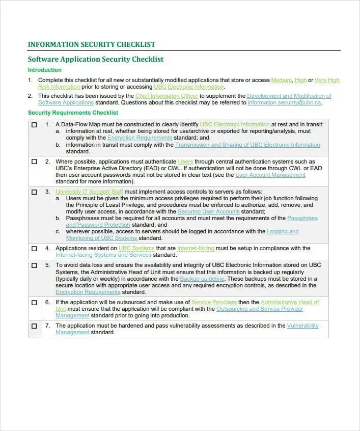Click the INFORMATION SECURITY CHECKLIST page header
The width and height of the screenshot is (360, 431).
92,44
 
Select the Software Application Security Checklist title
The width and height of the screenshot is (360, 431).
96,59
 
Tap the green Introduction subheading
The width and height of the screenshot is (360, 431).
45,70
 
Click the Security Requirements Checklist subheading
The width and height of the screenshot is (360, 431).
73,113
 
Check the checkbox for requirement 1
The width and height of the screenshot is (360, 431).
34,125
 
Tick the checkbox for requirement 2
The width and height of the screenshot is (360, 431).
34,161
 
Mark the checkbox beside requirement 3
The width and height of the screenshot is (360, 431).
34,192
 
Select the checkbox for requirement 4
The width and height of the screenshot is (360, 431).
34,249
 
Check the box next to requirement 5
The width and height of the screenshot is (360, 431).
34,265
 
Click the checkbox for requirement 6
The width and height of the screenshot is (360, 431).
34,302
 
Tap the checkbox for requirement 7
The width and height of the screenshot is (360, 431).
34,326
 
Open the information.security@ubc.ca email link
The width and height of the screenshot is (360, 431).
284,102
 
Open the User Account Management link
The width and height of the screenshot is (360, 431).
270,175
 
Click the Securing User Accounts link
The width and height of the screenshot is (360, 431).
208,211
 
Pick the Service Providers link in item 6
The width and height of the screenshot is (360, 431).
214,302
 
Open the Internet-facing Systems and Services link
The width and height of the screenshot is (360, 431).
103,255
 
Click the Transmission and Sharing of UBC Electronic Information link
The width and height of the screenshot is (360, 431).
247,145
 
